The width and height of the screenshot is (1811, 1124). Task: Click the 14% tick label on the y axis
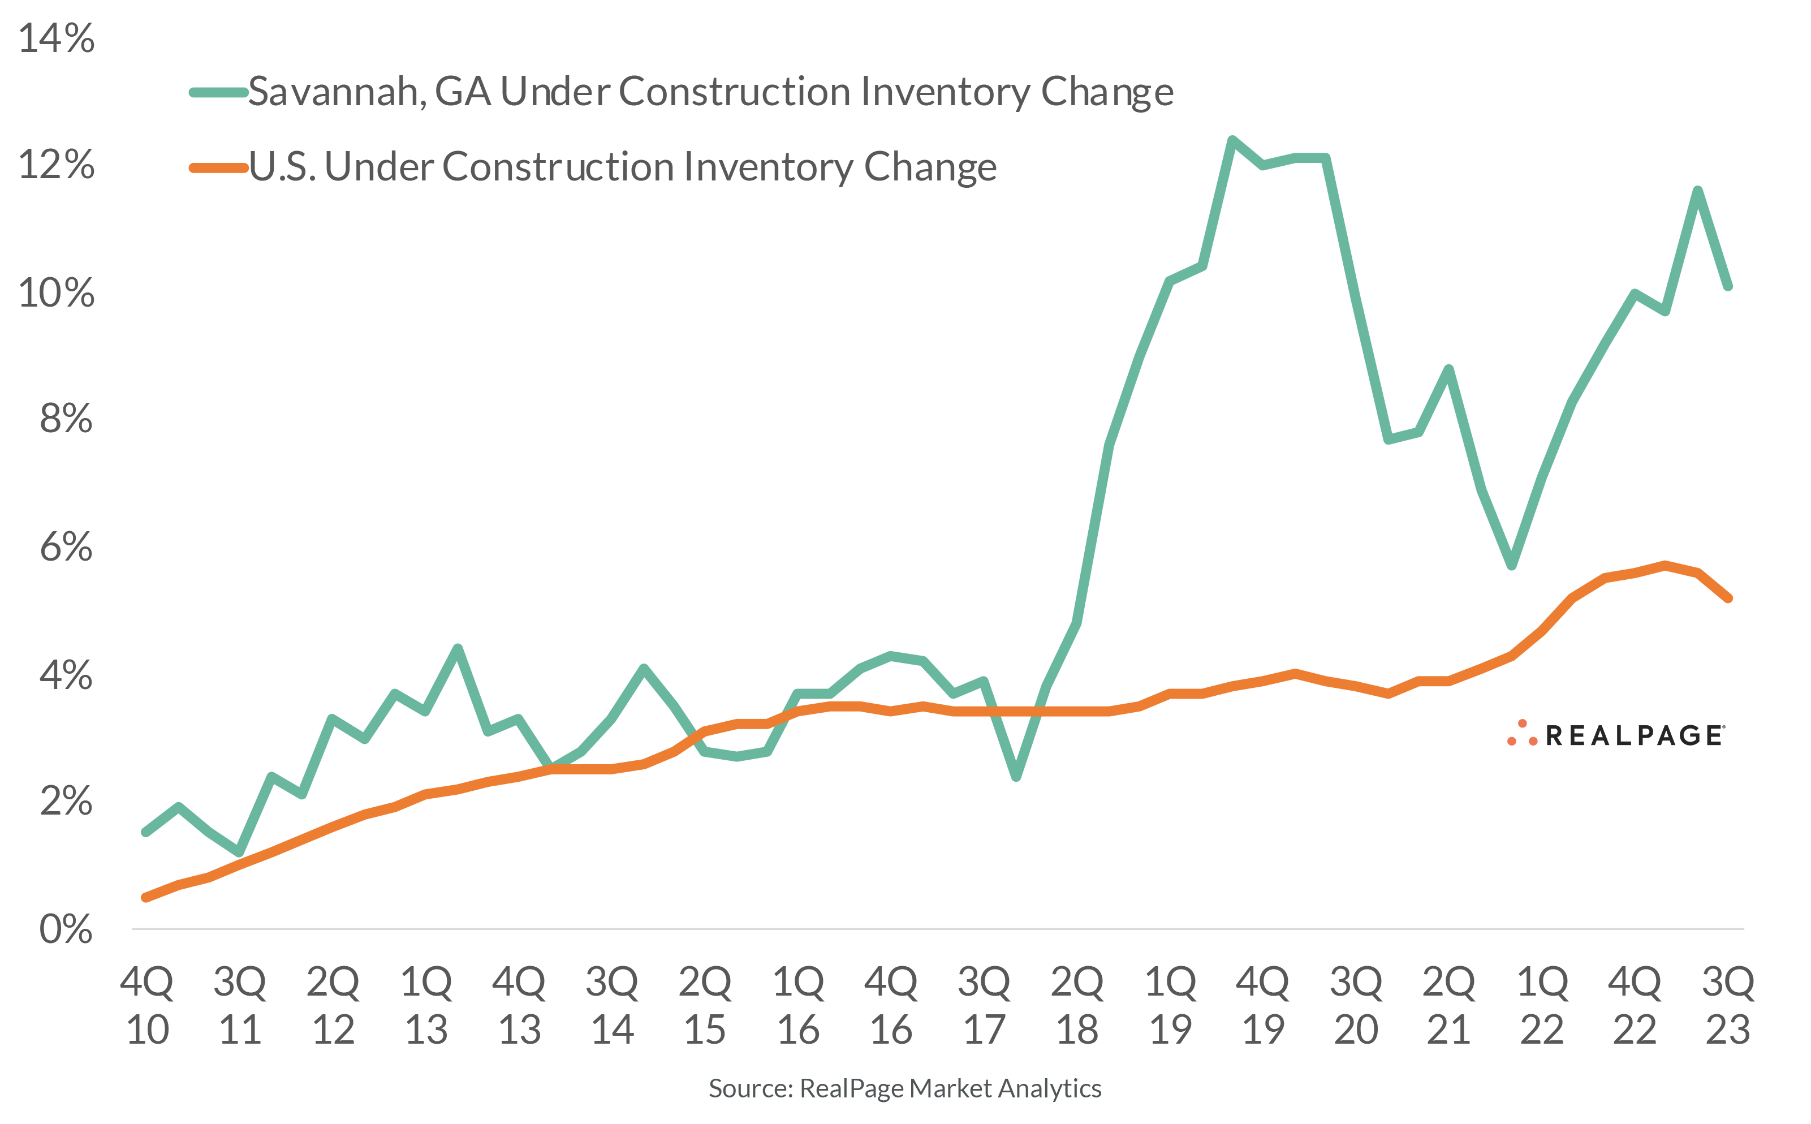[x=57, y=38]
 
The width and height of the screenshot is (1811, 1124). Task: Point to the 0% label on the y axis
[x=66, y=929]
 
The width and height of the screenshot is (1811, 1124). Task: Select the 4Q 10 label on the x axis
[x=147, y=1005]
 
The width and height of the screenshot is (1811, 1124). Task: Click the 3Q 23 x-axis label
[x=1728, y=1005]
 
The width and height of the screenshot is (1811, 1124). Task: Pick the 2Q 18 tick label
[x=1077, y=1005]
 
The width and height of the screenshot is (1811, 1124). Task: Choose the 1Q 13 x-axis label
[x=426, y=1005]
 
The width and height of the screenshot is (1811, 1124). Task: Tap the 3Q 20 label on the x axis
[x=1356, y=1005]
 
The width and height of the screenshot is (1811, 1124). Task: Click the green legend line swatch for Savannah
[x=218, y=93]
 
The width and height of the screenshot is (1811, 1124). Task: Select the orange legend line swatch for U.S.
[x=218, y=168]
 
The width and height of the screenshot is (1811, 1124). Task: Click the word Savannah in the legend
[x=336, y=92]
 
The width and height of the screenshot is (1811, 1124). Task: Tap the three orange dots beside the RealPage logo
[x=1522, y=734]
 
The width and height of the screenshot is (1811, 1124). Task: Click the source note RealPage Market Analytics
[x=904, y=1088]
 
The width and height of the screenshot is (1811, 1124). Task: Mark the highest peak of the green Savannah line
[x=1232, y=140]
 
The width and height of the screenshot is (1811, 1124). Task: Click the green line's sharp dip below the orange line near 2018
[x=1016, y=777]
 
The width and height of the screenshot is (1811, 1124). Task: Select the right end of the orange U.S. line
[x=1728, y=598]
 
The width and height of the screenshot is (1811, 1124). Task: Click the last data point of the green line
[x=1728, y=286]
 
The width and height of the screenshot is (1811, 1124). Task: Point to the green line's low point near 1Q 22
[x=1511, y=566]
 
